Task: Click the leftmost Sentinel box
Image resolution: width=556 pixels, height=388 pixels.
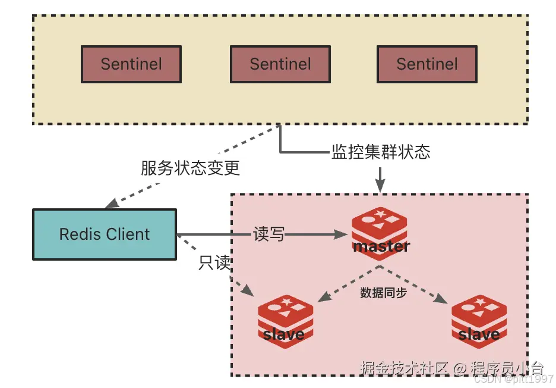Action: point(131,64)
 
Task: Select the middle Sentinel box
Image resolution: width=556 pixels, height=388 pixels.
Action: point(280,64)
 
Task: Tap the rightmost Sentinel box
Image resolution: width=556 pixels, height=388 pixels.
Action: point(427,64)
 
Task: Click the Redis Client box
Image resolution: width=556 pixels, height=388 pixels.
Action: point(105,234)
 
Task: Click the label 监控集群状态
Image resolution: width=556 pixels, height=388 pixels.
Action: point(380,152)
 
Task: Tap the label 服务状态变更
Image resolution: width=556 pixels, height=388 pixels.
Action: point(190,168)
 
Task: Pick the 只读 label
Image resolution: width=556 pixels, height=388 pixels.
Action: point(214,263)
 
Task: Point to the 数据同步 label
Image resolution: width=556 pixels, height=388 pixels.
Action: point(383,293)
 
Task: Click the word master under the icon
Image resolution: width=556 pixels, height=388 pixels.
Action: point(381,246)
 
